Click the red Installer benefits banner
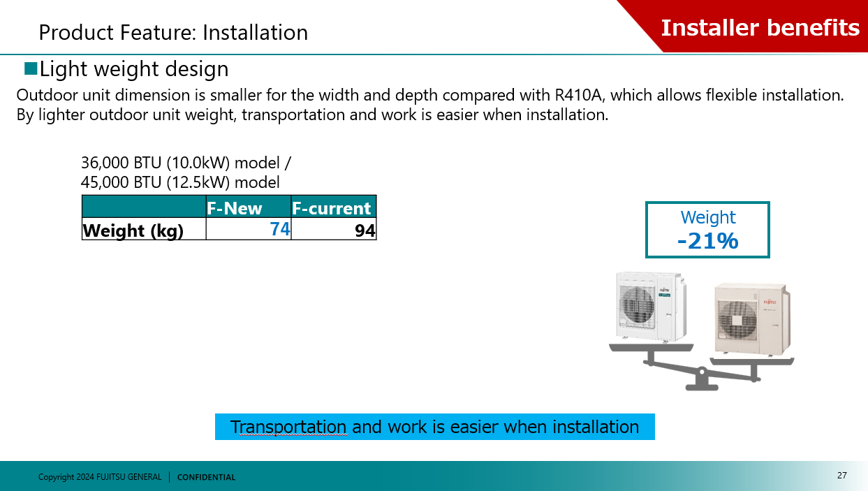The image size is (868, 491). pos(760,27)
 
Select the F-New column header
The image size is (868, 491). pos(235,208)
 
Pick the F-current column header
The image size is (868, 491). pos(332,208)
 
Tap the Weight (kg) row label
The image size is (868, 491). pos(133,230)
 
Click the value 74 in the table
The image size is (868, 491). pos(280,228)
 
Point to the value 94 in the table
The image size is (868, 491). pos(365,230)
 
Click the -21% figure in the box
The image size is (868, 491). pos(707,241)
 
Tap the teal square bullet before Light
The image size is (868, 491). pos(30,68)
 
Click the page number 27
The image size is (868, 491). pos(841,476)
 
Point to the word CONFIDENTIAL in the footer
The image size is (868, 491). pos(206,478)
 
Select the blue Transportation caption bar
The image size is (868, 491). pos(434,427)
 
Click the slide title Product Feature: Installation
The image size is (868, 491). pos(173,33)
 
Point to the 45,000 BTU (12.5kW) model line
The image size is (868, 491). pos(180,182)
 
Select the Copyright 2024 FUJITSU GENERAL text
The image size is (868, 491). pos(100,477)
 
